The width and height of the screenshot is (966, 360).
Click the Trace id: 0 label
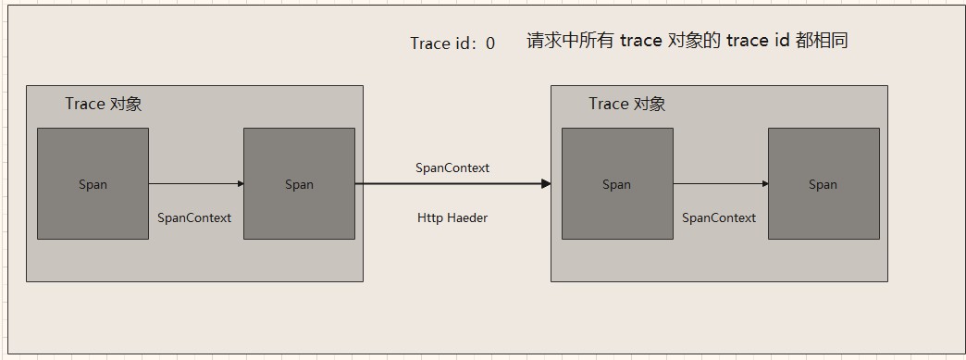tap(452, 43)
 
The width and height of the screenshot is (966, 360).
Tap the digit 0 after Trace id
tap(489, 43)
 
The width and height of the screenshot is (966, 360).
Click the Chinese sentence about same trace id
tap(687, 41)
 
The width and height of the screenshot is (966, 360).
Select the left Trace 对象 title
tap(104, 104)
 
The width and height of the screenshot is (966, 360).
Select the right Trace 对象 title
tap(627, 104)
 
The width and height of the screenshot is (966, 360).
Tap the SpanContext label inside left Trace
tap(194, 217)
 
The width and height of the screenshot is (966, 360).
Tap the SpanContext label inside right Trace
tap(719, 217)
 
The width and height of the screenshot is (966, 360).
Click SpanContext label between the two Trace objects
tap(452, 168)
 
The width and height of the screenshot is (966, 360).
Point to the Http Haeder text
tap(452, 217)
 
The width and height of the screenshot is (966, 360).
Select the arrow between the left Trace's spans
tap(195, 183)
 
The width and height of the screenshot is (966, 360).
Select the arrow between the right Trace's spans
tap(720, 183)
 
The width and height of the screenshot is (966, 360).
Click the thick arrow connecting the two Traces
tap(444, 183)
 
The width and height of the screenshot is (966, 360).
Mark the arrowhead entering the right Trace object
tap(546, 183)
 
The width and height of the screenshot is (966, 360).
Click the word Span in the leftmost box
tap(93, 184)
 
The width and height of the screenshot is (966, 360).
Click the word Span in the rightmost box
tap(823, 184)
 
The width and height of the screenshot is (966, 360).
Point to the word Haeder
tap(467, 217)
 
